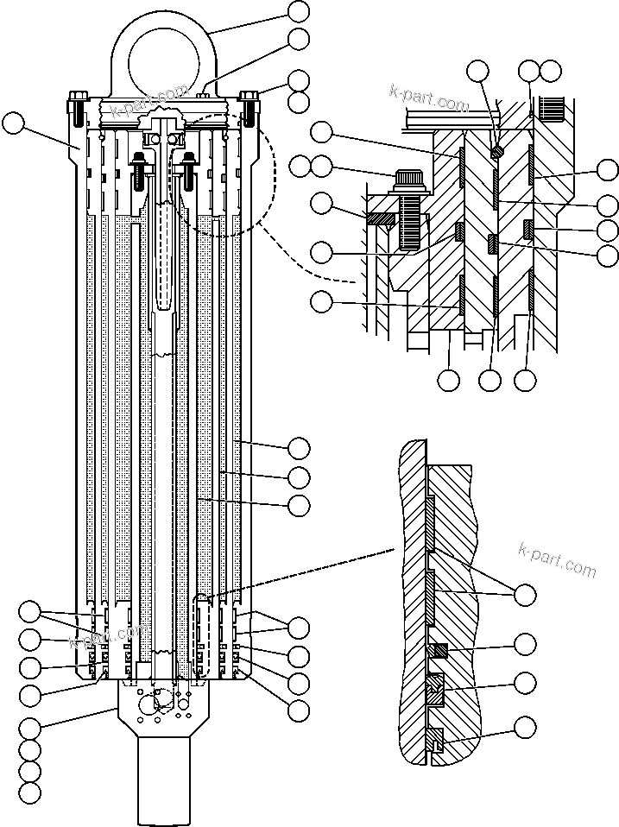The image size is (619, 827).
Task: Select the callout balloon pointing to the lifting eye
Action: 298,11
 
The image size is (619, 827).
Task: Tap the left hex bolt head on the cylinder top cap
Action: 75,97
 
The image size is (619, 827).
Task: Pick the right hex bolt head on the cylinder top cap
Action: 249,97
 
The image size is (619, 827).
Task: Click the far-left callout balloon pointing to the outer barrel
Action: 12,123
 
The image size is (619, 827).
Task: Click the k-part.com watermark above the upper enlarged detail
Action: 429,100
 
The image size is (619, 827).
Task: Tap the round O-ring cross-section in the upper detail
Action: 497,151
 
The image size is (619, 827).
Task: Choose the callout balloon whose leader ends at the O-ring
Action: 478,72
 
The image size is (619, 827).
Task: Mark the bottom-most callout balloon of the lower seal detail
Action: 524,726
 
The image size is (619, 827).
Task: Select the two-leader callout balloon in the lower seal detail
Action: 524,595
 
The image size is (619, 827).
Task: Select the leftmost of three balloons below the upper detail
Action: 450,378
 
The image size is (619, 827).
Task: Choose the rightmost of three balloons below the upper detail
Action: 526,378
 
